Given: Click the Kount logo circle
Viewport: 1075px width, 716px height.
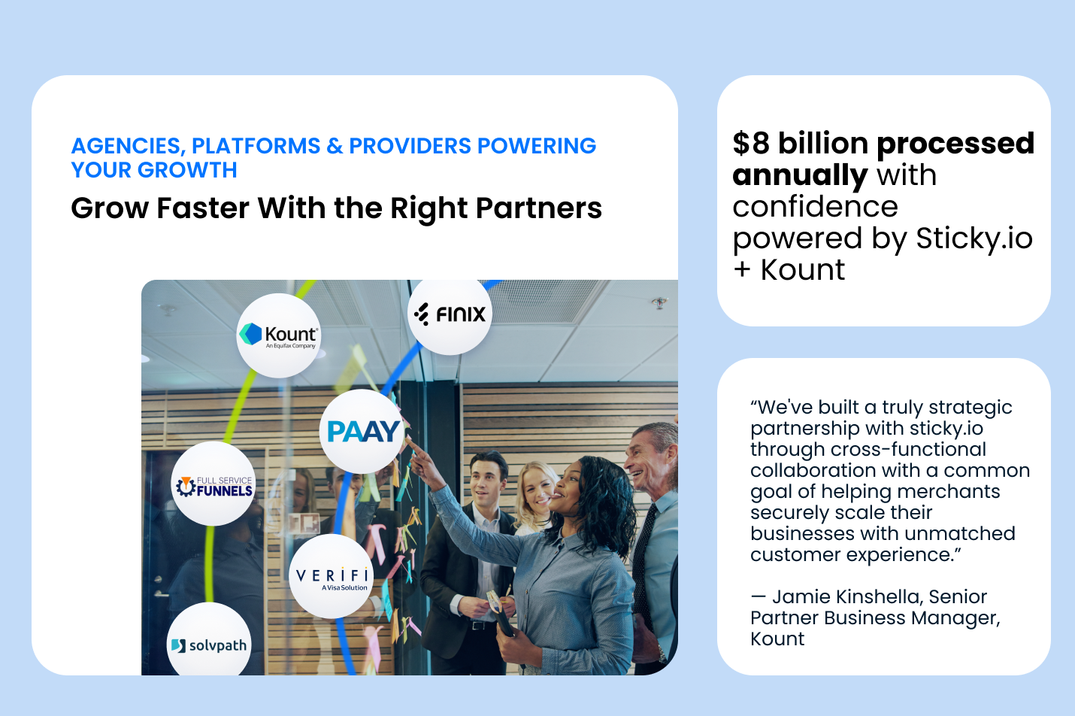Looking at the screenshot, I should pyautogui.click(x=279, y=335).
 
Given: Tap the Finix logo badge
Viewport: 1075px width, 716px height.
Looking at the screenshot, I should pyautogui.click(x=450, y=314).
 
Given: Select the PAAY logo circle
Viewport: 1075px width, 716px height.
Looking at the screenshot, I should pyautogui.click(x=362, y=431).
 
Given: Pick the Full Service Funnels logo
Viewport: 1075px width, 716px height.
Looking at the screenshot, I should pyautogui.click(x=214, y=484).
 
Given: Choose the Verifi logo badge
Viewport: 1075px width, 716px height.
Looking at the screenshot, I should pyautogui.click(x=332, y=576).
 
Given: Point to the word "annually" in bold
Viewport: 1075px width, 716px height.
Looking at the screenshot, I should pyautogui.click(x=800, y=175).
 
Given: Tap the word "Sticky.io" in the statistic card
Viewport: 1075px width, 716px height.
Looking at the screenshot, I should pyautogui.click(x=974, y=238).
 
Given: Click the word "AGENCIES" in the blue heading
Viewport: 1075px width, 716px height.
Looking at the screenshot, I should pyautogui.click(x=126, y=146).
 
